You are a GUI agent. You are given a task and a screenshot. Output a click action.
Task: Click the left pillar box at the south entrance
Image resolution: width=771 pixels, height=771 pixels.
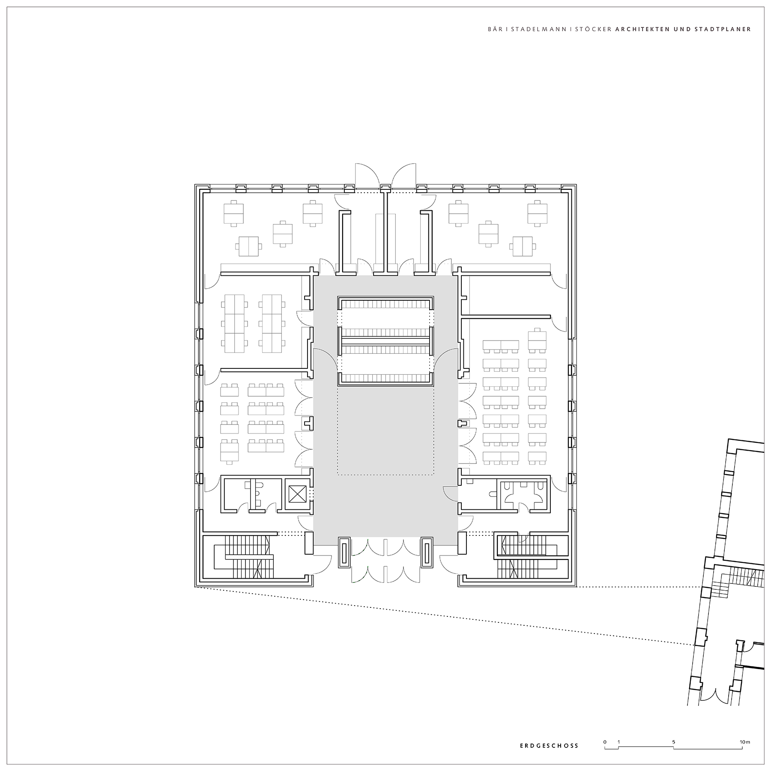coord(344,553)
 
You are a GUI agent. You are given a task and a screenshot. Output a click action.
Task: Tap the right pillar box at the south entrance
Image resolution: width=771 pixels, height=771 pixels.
coord(427,553)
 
